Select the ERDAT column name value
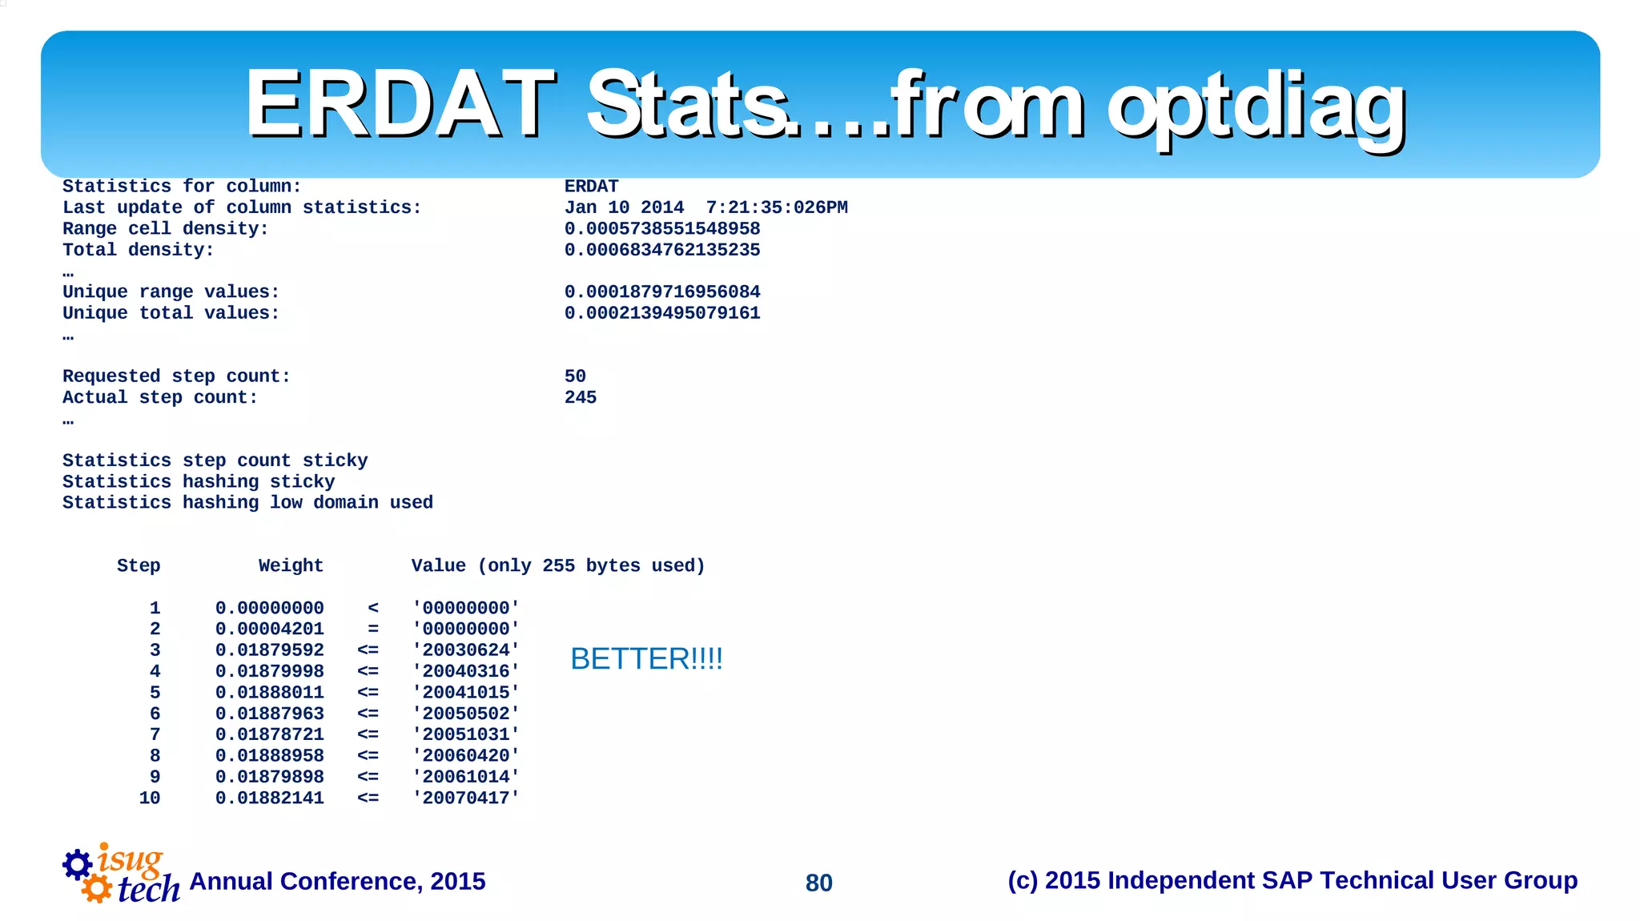click(591, 187)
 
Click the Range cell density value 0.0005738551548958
click(662, 229)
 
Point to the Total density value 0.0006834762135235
click(662, 250)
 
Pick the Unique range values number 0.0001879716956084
click(662, 292)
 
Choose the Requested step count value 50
click(575, 376)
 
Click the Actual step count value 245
click(580, 397)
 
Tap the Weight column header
click(291, 566)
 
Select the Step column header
click(139, 566)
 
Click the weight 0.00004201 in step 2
click(269, 629)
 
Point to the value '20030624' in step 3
click(466, 650)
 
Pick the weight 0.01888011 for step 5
click(269, 693)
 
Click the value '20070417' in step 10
click(466, 798)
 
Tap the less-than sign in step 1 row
click(373, 609)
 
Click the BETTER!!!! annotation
click(646, 659)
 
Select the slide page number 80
click(818, 883)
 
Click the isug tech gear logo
click(120, 875)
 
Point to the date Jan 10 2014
click(624, 207)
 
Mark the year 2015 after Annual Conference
click(457, 881)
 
